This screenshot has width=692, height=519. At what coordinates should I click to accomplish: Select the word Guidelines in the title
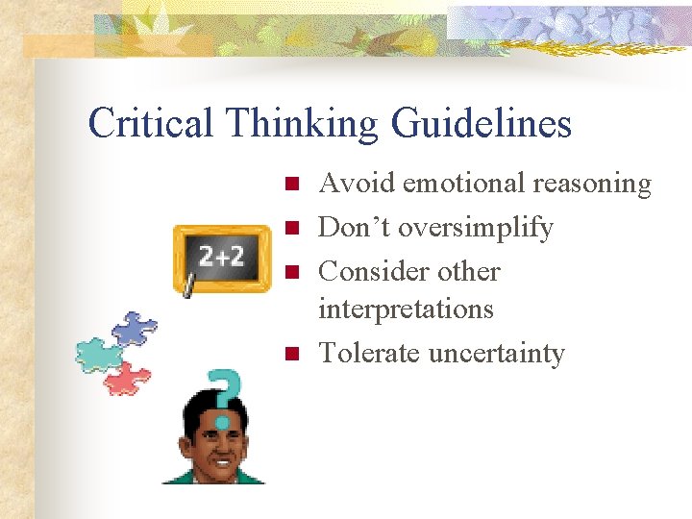tap(482, 124)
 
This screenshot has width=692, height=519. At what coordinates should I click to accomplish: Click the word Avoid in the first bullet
tap(357, 183)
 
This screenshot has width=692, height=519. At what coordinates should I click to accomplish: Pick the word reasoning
tap(594, 185)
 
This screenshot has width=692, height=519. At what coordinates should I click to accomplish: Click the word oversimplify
tap(476, 229)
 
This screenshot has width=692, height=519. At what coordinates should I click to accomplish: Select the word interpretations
tap(406, 309)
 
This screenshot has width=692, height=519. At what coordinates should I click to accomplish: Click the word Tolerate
tap(369, 353)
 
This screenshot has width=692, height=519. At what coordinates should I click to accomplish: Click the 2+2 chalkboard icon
tap(221, 258)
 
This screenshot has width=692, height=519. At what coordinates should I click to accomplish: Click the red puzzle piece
tap(128, 378)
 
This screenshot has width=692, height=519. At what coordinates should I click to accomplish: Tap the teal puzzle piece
tap(98, 354)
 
